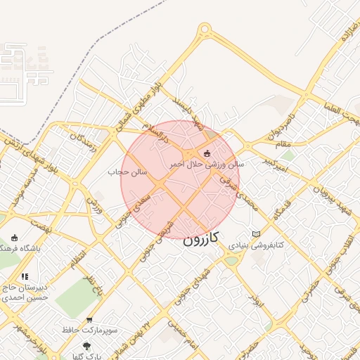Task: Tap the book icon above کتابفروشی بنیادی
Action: click(x=256, y=234)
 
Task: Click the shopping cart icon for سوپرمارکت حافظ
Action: click(x=89, y=320)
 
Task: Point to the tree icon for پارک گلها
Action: click(x=86, y=346)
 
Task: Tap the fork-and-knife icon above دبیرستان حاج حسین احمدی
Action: click(x=25, y=277)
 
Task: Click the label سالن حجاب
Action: click(x=127, y=172)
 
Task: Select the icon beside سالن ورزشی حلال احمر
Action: click(x=206, y=153)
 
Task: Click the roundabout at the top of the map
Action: click(x=205, y=30)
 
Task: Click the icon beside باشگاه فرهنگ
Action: click(x=15, y=238)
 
